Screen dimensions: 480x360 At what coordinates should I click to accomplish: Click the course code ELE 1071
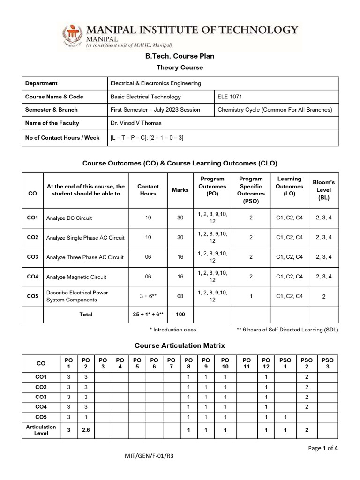(230, 97)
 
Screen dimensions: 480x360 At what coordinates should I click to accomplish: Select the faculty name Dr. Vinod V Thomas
(136, 123)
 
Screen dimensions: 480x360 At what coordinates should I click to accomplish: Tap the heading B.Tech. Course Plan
(180, 56)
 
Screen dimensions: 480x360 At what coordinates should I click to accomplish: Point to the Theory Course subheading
(180, 67)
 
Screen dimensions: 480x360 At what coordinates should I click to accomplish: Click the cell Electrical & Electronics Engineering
(155, 83)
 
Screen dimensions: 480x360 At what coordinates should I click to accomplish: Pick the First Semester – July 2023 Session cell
(155, 110)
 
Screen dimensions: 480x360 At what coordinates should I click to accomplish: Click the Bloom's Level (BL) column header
(323, 190)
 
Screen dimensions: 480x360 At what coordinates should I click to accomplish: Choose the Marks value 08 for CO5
(180, 296)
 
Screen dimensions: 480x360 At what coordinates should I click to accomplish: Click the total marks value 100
(180, 315)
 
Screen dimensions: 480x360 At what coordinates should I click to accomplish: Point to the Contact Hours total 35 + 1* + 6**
(148, 315)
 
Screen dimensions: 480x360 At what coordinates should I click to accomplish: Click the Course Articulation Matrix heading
(180, 345)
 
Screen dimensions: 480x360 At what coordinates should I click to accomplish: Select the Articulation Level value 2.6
(86, 429)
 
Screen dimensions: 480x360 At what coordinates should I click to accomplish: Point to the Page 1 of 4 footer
(323, 448)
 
